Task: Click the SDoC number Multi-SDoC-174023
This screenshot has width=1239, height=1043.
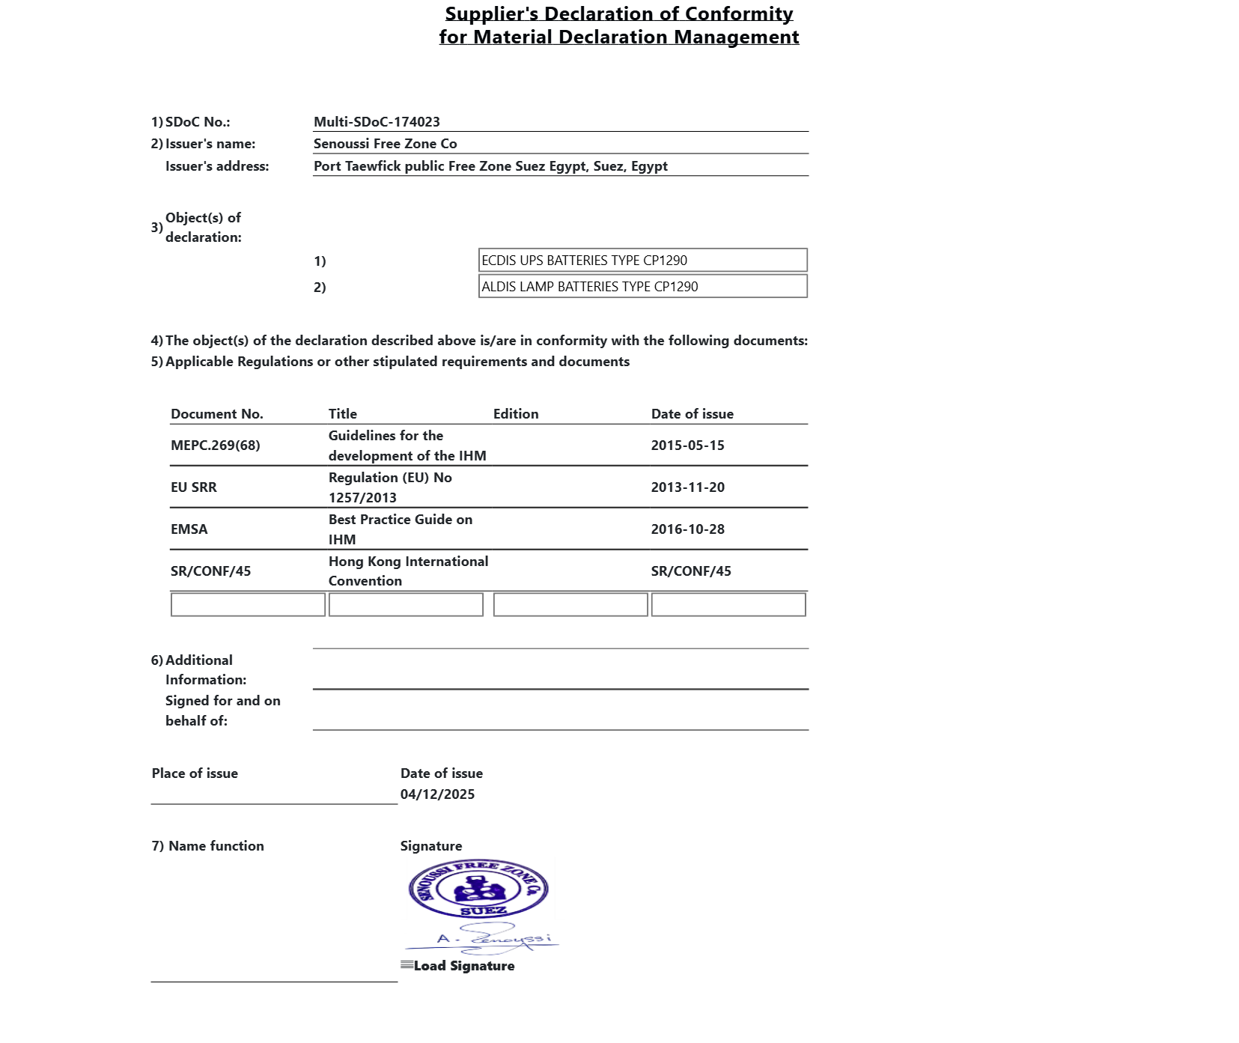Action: tap(377, 122)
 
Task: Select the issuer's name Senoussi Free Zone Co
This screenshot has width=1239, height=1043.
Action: tap(385, 144)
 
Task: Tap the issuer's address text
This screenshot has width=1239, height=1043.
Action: tap(490, 166)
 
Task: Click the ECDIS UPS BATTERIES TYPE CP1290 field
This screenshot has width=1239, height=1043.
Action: tap(642, 261)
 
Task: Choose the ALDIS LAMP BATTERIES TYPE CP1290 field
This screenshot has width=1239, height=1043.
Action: tap(642, 287)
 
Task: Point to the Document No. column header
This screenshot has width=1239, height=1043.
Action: tap(217, 414)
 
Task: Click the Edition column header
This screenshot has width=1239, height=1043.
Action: tap(516, 414)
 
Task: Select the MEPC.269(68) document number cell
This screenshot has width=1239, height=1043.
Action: tap(216, 446)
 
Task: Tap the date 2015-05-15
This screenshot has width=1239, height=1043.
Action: tap(687, 446)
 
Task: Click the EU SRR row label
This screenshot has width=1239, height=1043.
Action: tap(194, 487)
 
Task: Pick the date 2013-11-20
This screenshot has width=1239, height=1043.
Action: tap(687, 487)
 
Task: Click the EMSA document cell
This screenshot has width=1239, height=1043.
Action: tap(189, 529)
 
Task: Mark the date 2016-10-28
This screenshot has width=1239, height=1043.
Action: tap(687, 529)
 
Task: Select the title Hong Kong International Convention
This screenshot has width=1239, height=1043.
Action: tap(408, 571)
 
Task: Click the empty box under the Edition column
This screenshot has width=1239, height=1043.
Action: tap(570, 605)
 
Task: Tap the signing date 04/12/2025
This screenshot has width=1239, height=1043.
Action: tap(437, 794)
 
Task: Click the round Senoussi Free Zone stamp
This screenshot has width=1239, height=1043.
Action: tap(479, 889)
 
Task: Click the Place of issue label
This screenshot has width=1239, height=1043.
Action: tap(195, 773)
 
